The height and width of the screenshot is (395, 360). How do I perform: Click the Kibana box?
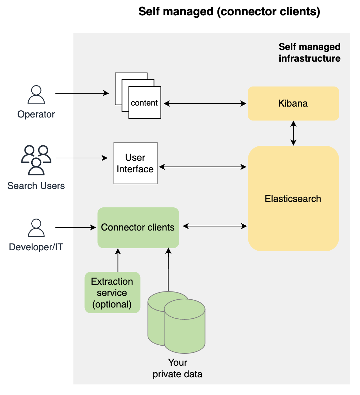click(x=293, y=103)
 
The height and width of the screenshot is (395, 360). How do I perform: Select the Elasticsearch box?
click(x=293, y=199)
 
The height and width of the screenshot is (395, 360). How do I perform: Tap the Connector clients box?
click(x=138, y=227)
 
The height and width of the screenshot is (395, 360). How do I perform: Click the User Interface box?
click(x=135, y=163)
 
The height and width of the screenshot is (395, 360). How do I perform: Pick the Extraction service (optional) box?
click(x=112, y=293)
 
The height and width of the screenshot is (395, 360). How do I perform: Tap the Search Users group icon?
click(x=36, y=160)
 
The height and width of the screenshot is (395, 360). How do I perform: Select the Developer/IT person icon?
click(x=36, y=228)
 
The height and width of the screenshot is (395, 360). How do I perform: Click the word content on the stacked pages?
click(x=144, y=103)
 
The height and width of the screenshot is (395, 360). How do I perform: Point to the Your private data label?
click(x=177, y=368)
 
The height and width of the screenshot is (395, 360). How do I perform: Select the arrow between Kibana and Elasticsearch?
click(x=293, y=133)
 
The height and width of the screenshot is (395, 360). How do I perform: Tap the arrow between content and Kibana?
click(x=204, y=103)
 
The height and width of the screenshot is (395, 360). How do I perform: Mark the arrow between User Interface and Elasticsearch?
click(x=203, y=167)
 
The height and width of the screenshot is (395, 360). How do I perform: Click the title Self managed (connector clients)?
click(x=229, y=12)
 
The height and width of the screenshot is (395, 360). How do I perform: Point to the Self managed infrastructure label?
click(x=309, y=53)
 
